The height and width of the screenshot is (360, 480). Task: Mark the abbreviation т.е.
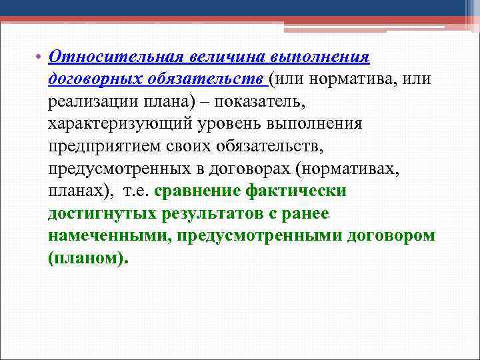click(x=136, y=191)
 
